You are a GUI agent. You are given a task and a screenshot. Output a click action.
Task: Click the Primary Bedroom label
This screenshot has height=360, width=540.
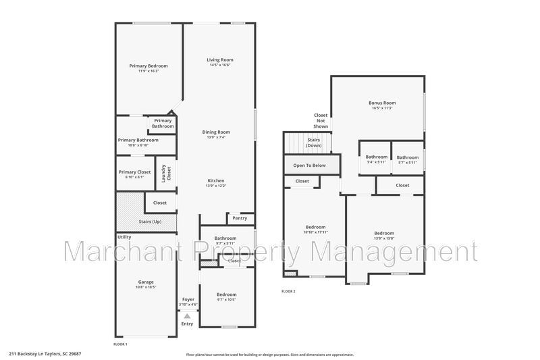(148, 66)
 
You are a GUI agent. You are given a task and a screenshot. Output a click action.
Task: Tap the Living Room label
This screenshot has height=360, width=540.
(219, 60)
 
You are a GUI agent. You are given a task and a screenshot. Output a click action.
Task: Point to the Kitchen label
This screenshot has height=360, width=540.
(216, 180)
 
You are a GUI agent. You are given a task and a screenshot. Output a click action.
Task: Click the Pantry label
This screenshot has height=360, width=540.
(240, 218)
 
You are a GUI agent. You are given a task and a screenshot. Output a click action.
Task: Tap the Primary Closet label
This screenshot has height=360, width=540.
(134, 172)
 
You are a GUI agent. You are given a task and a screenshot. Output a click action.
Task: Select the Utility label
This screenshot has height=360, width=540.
(124, 237)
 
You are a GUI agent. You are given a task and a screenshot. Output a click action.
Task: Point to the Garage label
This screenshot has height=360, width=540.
(146, 282)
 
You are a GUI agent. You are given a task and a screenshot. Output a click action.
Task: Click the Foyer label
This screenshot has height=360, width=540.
(188, 299)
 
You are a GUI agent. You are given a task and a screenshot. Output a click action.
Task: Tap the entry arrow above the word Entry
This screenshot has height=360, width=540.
(187, 315)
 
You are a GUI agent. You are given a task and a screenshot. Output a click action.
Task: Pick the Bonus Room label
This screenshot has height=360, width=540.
(382, 103)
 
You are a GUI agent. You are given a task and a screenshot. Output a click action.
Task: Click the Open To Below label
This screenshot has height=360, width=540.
(309, 165)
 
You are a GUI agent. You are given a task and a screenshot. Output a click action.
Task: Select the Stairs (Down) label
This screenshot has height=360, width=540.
(314, 143)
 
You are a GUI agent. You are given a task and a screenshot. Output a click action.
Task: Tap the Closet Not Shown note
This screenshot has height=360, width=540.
(321, 120)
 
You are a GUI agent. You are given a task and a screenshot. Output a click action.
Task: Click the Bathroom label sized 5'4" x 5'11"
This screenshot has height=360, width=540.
(377, 157)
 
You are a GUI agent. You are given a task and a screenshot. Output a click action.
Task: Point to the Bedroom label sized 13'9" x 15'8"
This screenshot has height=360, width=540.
(384, 233)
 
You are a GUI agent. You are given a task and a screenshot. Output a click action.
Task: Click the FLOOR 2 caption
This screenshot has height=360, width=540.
(288, 291)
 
